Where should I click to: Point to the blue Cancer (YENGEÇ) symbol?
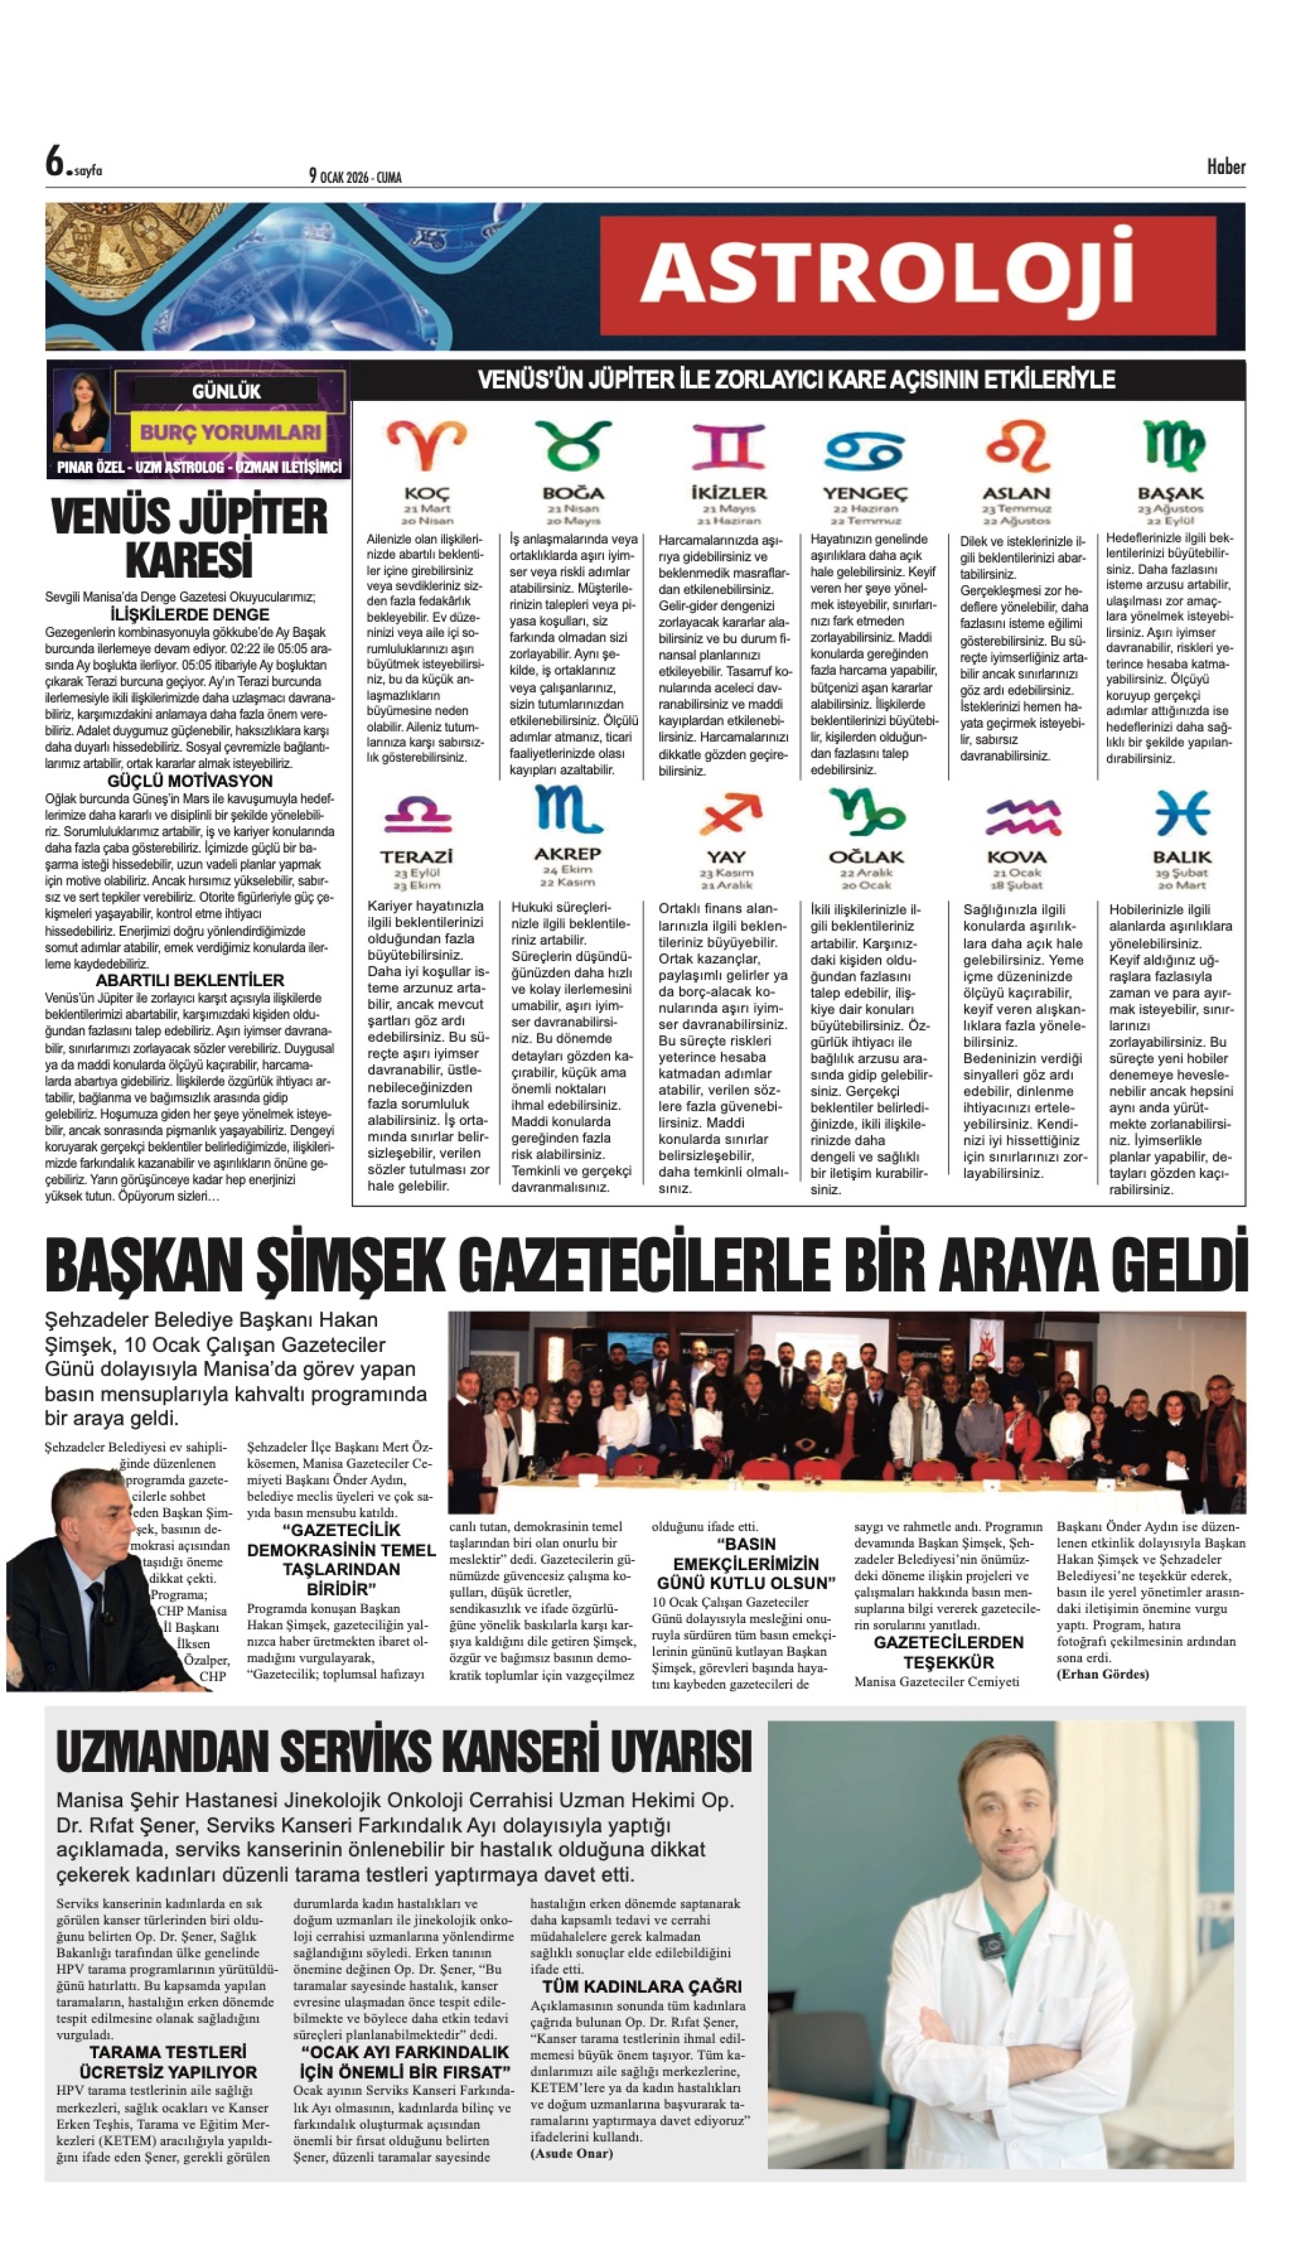click(864, 450)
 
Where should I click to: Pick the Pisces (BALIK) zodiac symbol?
click(1182, 812)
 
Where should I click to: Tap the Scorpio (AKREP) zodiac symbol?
click(567, 809)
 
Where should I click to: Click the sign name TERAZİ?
click(417, 857)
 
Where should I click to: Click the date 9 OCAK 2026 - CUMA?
click(355, 177)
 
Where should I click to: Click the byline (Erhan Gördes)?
click(1102, 1673)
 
